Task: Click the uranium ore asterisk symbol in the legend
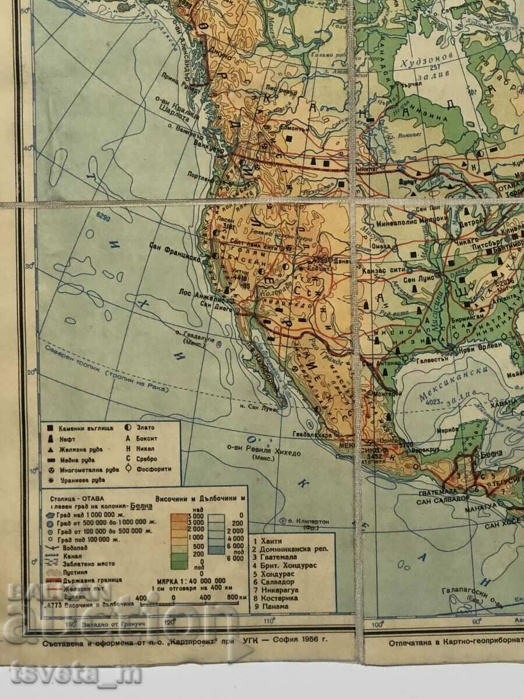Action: pyautogui.click(x=49, y=480)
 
